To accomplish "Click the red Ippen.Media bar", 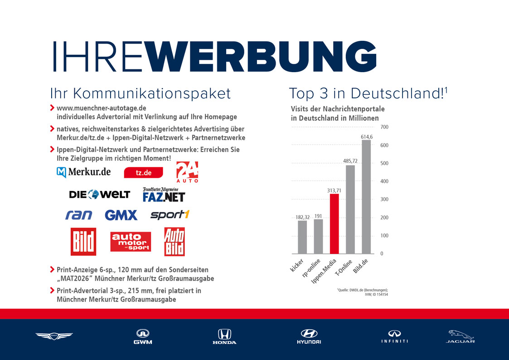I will point(334,224).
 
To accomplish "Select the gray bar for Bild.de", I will point(366,197).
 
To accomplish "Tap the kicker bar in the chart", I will point(302,237).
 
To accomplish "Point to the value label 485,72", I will point(350,161).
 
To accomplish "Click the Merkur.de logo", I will point(84,172).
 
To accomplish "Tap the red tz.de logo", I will point(143,173).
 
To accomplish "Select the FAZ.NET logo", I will point(164,195).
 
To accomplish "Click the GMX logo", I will point(121,215).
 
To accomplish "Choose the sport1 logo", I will point(169,214).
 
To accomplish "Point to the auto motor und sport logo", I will point(131,242).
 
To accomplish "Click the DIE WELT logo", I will point(99,195).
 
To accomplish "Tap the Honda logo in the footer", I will point(224,336).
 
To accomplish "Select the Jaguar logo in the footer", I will point(460,336).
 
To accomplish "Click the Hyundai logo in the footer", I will point(309,336).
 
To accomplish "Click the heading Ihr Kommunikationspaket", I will point(141,93).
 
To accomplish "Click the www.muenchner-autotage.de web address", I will point(101,108).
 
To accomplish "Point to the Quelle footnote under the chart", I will point(363,292).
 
